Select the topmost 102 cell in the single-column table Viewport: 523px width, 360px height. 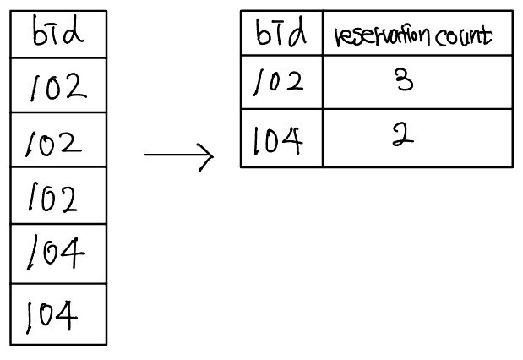pyautogui.click(x=58, y=86)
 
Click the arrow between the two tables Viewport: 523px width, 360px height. pyautogui.click(x=179, y=155)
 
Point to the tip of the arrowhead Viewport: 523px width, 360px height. pyautogui.click(x=214, y=155)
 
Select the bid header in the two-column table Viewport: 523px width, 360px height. pyautogui.click(x=281, y=32)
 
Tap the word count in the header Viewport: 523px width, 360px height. pyautogui.click(x=463, y=36)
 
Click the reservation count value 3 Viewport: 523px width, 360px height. pyautogui.click(x=404, y=79)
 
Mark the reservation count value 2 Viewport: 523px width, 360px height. pyautogui.click(x=403, y=134)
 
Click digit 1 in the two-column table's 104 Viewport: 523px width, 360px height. pyautogui.click(x=256, y=141)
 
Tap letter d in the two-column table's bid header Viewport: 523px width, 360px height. pyautogui.click(x=297, y=32)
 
